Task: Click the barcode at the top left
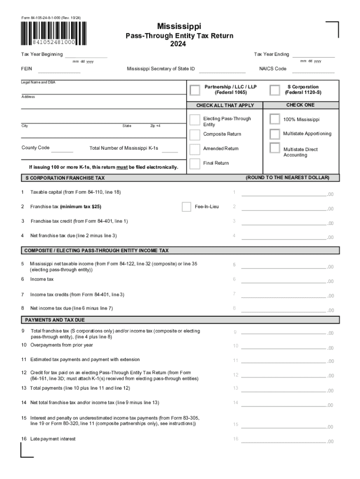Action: pos(54,34)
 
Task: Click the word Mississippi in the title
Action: pos(180,27)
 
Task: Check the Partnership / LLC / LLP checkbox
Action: pos(195,90)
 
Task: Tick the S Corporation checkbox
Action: pos(275,90)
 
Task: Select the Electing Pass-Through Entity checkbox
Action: pos(195,120)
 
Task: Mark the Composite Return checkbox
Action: pos(195,134)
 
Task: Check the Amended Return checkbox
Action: pos(195,149)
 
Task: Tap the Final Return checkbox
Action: pos(195,163)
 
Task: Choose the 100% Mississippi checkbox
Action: pos(275,120)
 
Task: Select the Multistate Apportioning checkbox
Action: pos(275,134)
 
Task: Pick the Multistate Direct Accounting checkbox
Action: pos(275,149)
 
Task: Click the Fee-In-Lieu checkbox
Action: pos(187,206)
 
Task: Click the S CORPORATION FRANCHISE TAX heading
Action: pos(65,178)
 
